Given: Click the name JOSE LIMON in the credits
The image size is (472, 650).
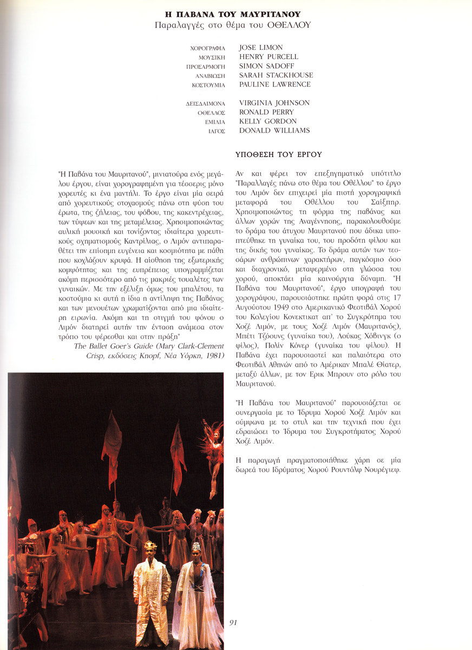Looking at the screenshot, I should point(261,48).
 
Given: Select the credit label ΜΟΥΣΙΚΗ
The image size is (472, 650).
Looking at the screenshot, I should point(212,57).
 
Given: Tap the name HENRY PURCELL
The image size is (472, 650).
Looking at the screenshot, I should point(268,57).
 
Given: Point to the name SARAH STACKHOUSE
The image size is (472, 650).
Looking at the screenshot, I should point(276,75).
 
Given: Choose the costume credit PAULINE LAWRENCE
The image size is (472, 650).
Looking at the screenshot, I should point(275,84).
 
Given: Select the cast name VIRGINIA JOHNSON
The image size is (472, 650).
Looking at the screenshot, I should point(274,103).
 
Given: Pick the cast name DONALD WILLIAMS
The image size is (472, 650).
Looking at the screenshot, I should point(274,131).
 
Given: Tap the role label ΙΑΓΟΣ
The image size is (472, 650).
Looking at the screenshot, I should point(217,131).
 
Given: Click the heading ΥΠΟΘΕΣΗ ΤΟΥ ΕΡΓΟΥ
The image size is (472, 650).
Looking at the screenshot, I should point(279,154).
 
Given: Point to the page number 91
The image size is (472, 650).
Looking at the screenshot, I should point(233,623).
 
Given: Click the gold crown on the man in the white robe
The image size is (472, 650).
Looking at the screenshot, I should point(150,545).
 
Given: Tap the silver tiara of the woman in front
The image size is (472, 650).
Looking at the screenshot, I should point(196,546).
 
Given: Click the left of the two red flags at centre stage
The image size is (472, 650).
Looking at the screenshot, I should point(112,441).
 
